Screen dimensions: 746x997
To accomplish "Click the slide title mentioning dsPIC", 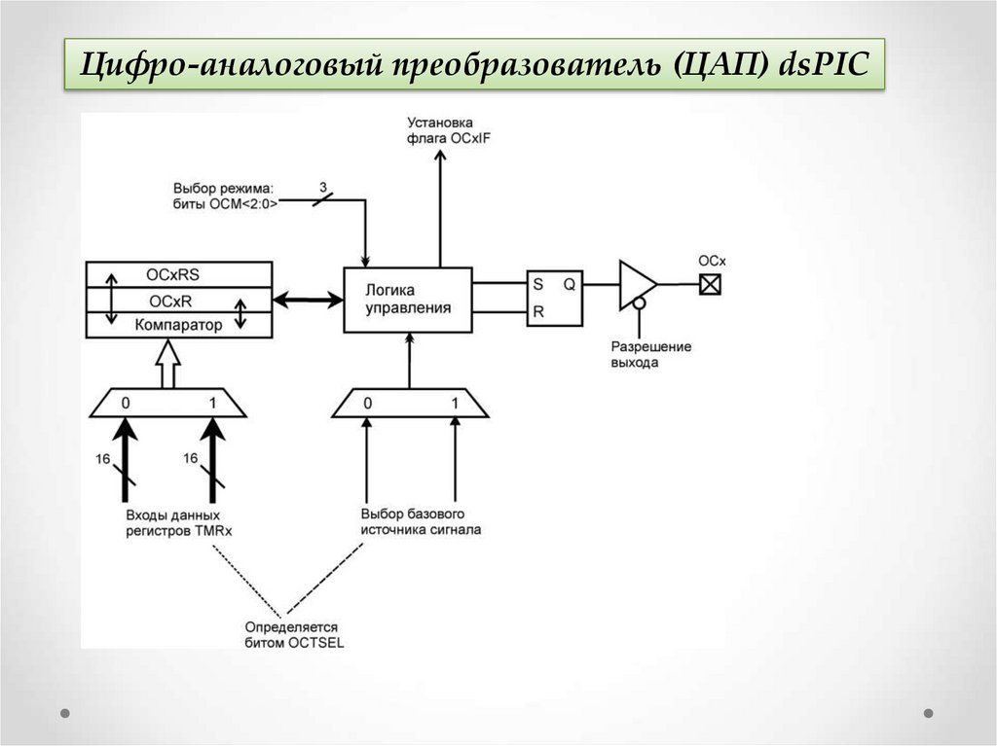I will [474, 65].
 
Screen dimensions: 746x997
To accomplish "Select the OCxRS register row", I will [179, 274].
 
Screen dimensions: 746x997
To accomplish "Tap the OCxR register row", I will [179, 301].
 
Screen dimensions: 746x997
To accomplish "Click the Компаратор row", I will [179, 325].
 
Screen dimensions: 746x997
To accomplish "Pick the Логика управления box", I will [408, 300].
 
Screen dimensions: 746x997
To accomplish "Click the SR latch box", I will [554, 298].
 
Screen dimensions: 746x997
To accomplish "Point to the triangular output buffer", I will [637, 284].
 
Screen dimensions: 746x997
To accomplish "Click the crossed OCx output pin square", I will [711, 284].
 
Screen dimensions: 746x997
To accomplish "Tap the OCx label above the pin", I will [712, 261].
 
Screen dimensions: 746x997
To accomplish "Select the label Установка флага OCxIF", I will [440, 131].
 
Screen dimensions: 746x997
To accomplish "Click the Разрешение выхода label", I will [650, 354].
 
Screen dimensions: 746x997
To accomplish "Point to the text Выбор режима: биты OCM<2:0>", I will [226, 195].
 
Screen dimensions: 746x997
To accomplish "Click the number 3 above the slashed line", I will [322, 185].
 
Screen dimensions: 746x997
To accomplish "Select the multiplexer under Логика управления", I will [410, 403].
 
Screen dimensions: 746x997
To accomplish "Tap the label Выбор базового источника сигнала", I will [420, 522].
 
